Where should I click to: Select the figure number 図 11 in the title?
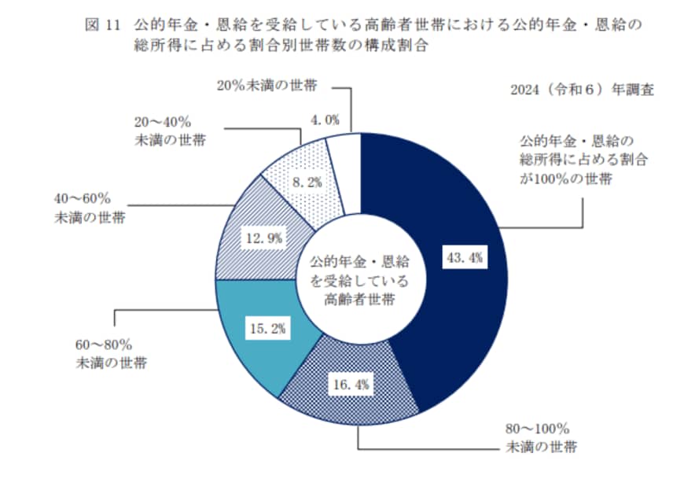pos(101,25)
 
